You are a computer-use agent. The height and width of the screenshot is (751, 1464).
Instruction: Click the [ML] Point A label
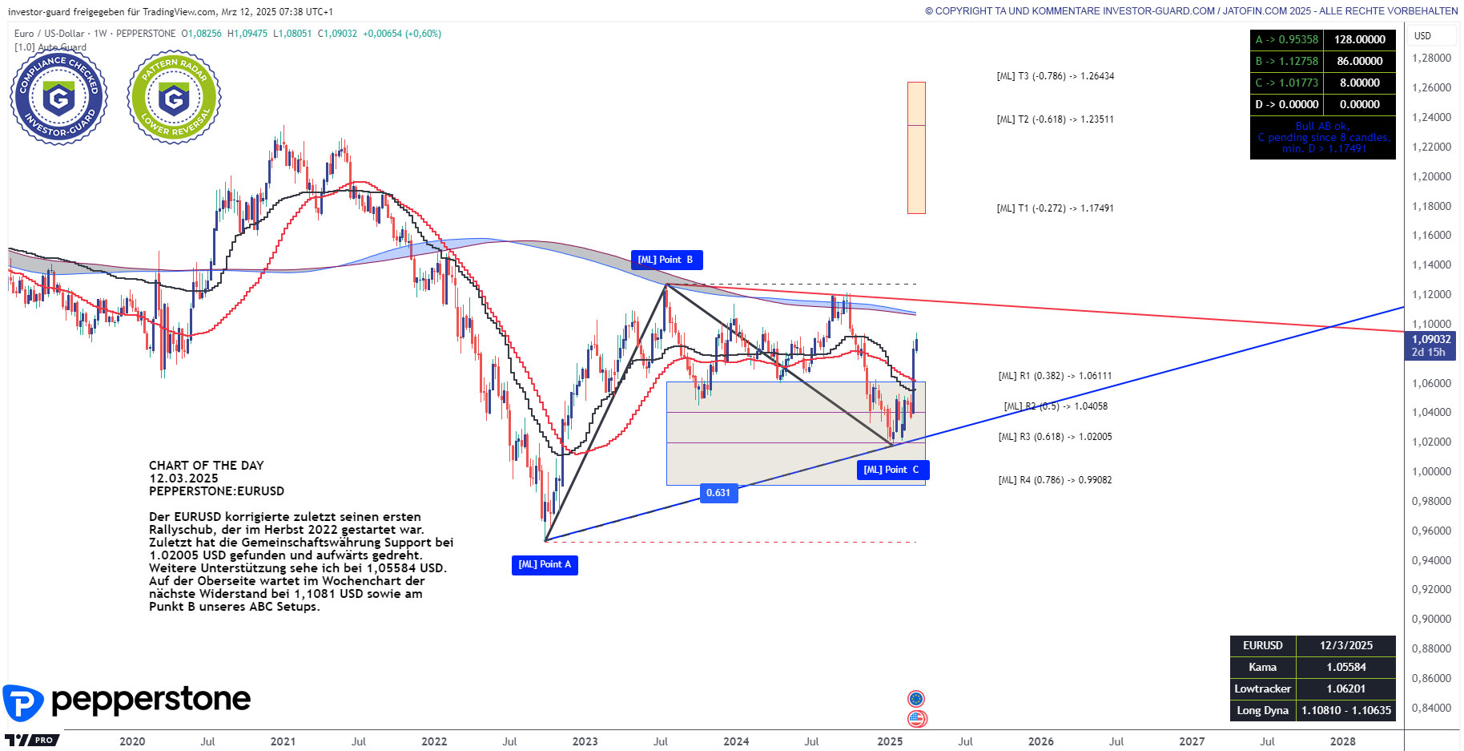tap(545, 565)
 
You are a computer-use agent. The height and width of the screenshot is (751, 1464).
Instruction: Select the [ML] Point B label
tap(666, 260)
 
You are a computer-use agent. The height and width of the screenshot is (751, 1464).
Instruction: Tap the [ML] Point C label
tap(892, 470)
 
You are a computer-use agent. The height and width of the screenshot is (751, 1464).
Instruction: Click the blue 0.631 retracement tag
tap(718, 493)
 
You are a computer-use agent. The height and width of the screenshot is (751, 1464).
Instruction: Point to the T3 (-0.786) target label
tap(1055, 76)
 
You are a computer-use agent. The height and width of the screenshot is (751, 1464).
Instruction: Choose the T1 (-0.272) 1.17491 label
tap(1055, 208)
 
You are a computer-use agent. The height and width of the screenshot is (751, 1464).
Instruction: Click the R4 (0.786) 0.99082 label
tap(1055, 480)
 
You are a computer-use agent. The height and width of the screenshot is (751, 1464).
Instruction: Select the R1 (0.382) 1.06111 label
tap(1055, 376)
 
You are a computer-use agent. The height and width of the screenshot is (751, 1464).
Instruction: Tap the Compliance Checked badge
tap(58, 98)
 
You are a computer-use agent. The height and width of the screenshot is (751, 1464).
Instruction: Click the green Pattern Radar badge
tap(174, 98)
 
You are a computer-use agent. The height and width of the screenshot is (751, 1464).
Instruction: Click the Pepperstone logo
tap(128, 701)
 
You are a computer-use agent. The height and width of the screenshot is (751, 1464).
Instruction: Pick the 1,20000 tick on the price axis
tap(1431, 176)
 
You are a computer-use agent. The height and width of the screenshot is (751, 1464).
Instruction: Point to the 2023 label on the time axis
tap(585, 741)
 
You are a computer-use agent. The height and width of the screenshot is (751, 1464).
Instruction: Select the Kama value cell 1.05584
tap(1345, 667)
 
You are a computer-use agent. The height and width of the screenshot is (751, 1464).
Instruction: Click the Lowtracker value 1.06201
tap(1345, 688)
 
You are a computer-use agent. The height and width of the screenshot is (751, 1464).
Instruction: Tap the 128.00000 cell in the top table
tap(1359, 39)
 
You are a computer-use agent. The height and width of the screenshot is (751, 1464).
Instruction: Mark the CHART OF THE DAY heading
tap(206, 466)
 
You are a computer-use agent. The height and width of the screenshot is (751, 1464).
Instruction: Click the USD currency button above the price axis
tap(1422, 36)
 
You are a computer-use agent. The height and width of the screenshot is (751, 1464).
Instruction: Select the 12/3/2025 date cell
tap(1345, 645)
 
